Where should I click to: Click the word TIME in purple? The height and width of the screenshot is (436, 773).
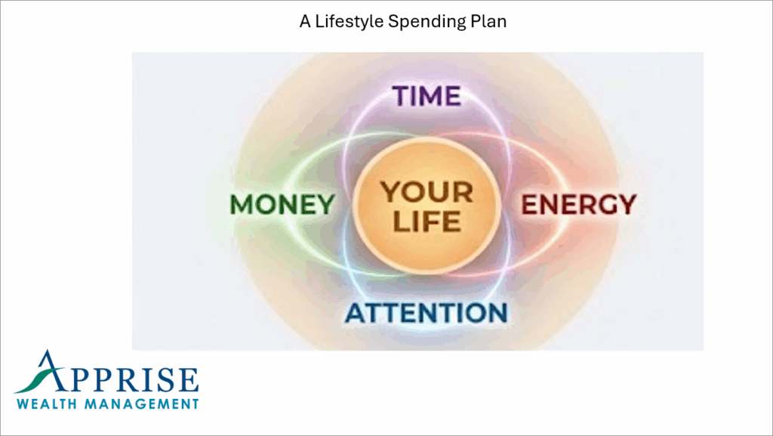pyautogui.click(x=426, y=96)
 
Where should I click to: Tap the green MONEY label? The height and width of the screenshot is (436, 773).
pyautogui.click(x=282, y=205)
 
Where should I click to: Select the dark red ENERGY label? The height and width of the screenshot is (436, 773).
pyautogui.click(x=579, y=204)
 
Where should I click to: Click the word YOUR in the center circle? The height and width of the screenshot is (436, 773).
pyautogui.click(x=427, y=192)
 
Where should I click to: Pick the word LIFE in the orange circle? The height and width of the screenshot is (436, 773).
pyautogui.click(x=427, y=222)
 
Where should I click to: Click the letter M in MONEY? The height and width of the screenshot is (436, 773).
pyautogui.click(x=241, y=205)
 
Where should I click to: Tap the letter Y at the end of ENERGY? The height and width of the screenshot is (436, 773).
pyautogui.click(x=626, y=204)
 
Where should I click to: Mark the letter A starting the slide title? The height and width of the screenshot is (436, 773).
pyautogui.click(x=304, y=22)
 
